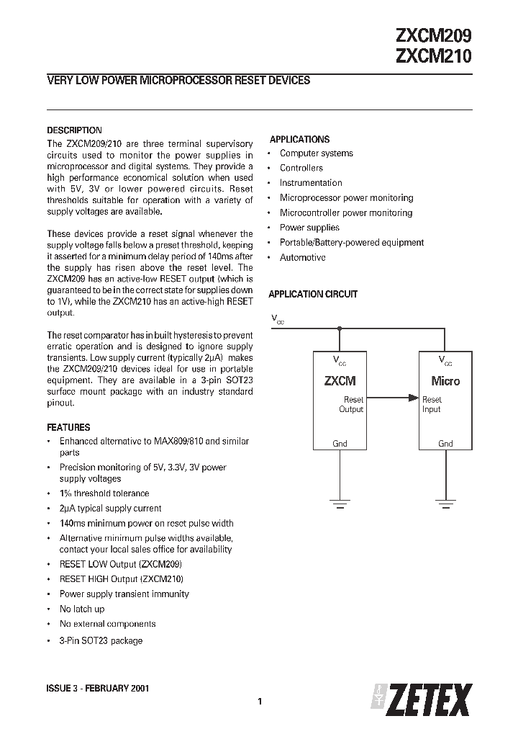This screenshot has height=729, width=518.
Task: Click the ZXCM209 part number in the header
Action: click(433, 36)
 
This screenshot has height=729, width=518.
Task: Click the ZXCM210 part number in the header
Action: click(433, 57)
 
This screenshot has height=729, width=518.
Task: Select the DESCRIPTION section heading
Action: click(74, 130)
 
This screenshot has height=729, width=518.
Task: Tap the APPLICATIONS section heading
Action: click(299, 140)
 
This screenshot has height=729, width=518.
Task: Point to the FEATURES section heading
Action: click(68, 427)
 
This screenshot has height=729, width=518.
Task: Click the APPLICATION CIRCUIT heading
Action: click(313, 295)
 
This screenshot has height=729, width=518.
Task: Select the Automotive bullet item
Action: click(302, 258)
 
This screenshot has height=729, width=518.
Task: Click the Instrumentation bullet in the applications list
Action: click(311, 183)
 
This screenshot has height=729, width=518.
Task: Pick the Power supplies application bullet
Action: click(309, 228)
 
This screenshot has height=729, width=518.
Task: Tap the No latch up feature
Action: click(81, 609)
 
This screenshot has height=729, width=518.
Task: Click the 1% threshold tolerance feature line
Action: click(104, 493)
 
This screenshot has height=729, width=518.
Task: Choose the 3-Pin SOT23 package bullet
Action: click(101, 640)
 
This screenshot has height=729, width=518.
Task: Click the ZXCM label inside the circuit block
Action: click(340, 381)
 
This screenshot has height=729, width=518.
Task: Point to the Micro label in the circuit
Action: click(445, 381)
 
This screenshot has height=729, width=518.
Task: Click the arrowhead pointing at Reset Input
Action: click(414, 396)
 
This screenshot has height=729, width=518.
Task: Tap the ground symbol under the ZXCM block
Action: click(340, 502)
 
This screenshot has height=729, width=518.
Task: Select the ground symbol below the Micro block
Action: click(446, 502)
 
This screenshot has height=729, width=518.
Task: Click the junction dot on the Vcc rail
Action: click(340, 328)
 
